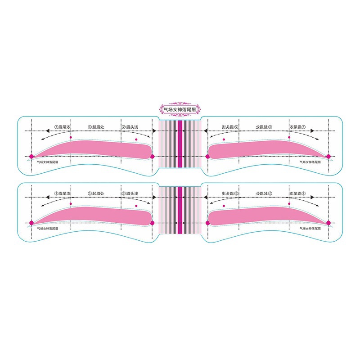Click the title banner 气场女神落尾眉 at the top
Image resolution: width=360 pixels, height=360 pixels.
[x=180, y=109]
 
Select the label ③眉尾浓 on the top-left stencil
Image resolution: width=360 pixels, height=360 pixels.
[x=63, y=127]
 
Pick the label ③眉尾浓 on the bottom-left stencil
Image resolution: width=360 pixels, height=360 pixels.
[x=63, y=193]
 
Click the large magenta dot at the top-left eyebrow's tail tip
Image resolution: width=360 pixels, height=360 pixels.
[x=31, y=156]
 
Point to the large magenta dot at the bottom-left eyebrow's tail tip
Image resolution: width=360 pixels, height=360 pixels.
[x=31, y=223]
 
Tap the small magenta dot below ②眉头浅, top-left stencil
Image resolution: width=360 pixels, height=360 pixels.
[x=135, y=140]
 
